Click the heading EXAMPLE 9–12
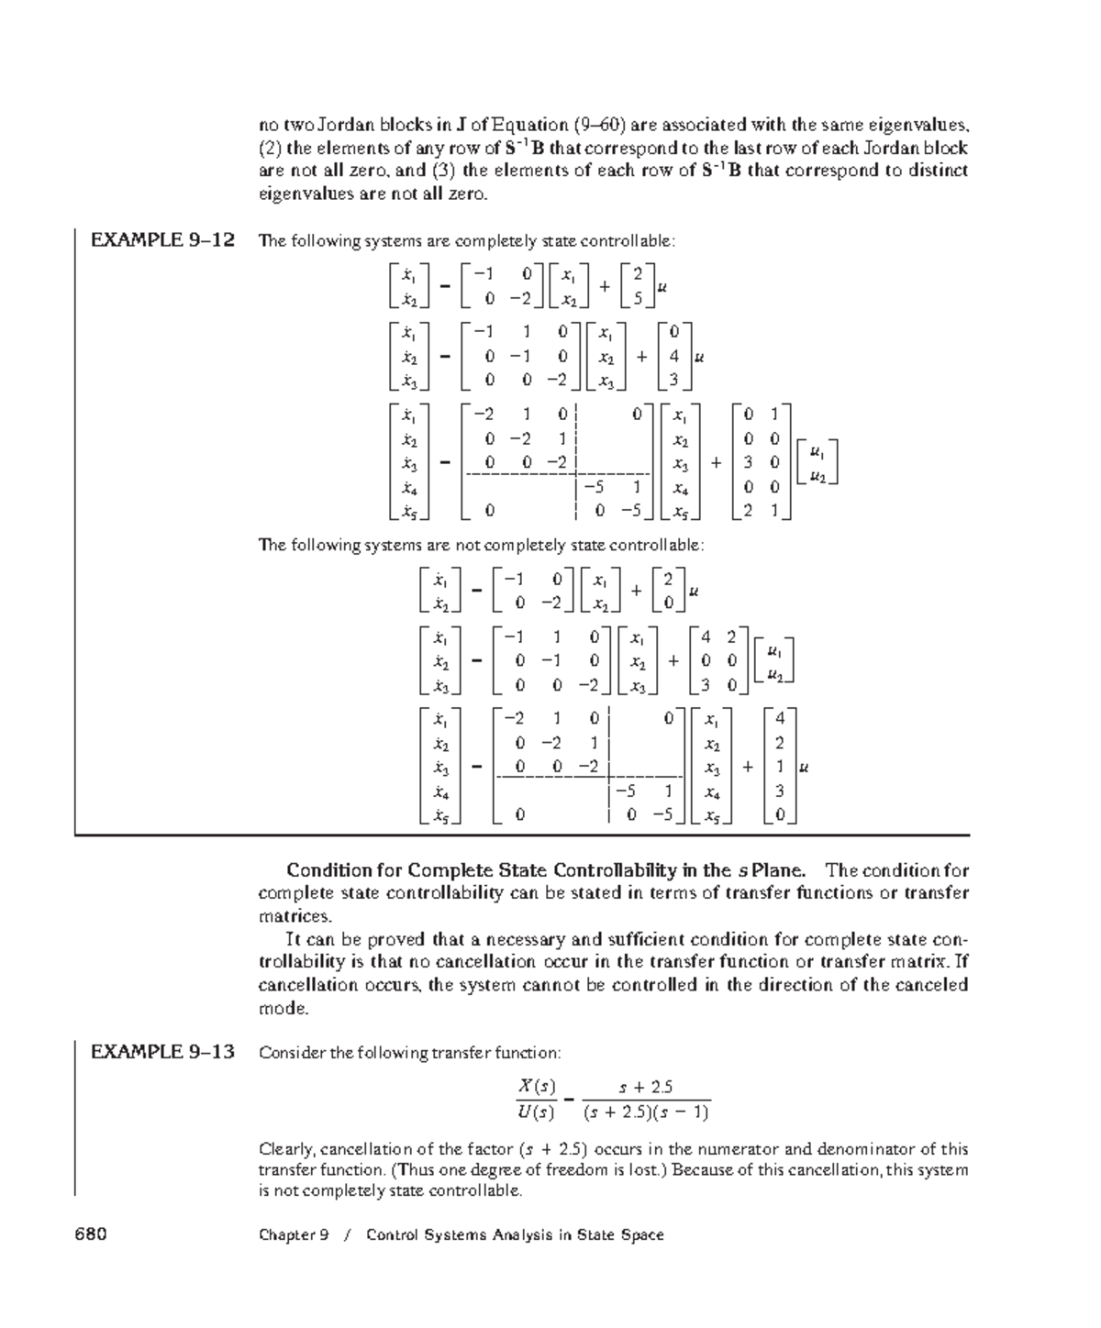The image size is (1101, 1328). pos(162,240)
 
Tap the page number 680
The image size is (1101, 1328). pos(91,1234)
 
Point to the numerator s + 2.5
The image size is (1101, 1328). pos(646,1088)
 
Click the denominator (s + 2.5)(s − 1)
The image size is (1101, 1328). pos(646,1112)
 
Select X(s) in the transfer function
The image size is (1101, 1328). pos(537,1087)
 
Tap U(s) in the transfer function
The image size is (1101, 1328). pos(537,1113)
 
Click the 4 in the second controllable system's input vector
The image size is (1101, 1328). pos(674,357)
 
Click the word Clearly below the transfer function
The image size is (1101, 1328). pos(286,1149)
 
